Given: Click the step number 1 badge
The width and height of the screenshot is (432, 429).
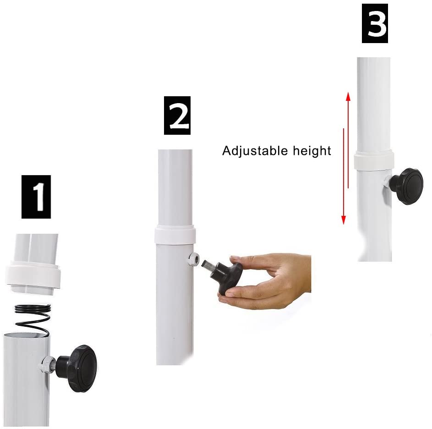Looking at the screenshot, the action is [36, 197].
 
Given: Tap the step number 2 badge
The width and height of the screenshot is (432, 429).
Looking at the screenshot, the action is [177, 115].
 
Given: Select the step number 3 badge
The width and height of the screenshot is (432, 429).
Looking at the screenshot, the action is [375, 23].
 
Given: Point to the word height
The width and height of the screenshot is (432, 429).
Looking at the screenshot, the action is [312, 151].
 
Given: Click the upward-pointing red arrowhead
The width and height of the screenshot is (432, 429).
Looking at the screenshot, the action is [348, 97].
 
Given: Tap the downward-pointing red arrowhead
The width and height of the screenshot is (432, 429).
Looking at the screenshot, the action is [344, 220].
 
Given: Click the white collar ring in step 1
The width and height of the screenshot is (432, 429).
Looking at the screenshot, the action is [33, 275].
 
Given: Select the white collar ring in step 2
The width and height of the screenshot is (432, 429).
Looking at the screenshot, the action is [175, 234].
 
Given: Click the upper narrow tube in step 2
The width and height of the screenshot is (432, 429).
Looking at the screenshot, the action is [175, 187].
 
